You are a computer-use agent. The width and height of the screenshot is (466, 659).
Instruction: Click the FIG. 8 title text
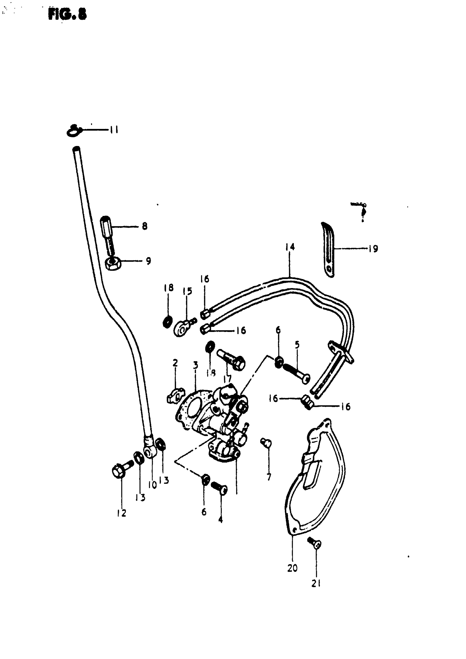(67, 14)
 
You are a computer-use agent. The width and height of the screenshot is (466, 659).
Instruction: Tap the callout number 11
(114, 130)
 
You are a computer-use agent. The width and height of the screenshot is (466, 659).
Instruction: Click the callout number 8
(145, 226)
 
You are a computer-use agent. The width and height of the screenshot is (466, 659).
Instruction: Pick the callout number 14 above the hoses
(290, 247)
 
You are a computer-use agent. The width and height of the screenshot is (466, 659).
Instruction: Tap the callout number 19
(373, 249)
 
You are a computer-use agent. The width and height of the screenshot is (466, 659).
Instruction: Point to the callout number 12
(122, 513)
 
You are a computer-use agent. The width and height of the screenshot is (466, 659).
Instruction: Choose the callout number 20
(292, 568)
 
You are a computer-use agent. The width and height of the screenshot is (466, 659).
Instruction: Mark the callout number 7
(269, 477)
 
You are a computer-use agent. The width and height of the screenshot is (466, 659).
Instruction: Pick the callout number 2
(175, 363)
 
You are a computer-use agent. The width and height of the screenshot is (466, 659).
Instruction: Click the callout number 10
(152, 485)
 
